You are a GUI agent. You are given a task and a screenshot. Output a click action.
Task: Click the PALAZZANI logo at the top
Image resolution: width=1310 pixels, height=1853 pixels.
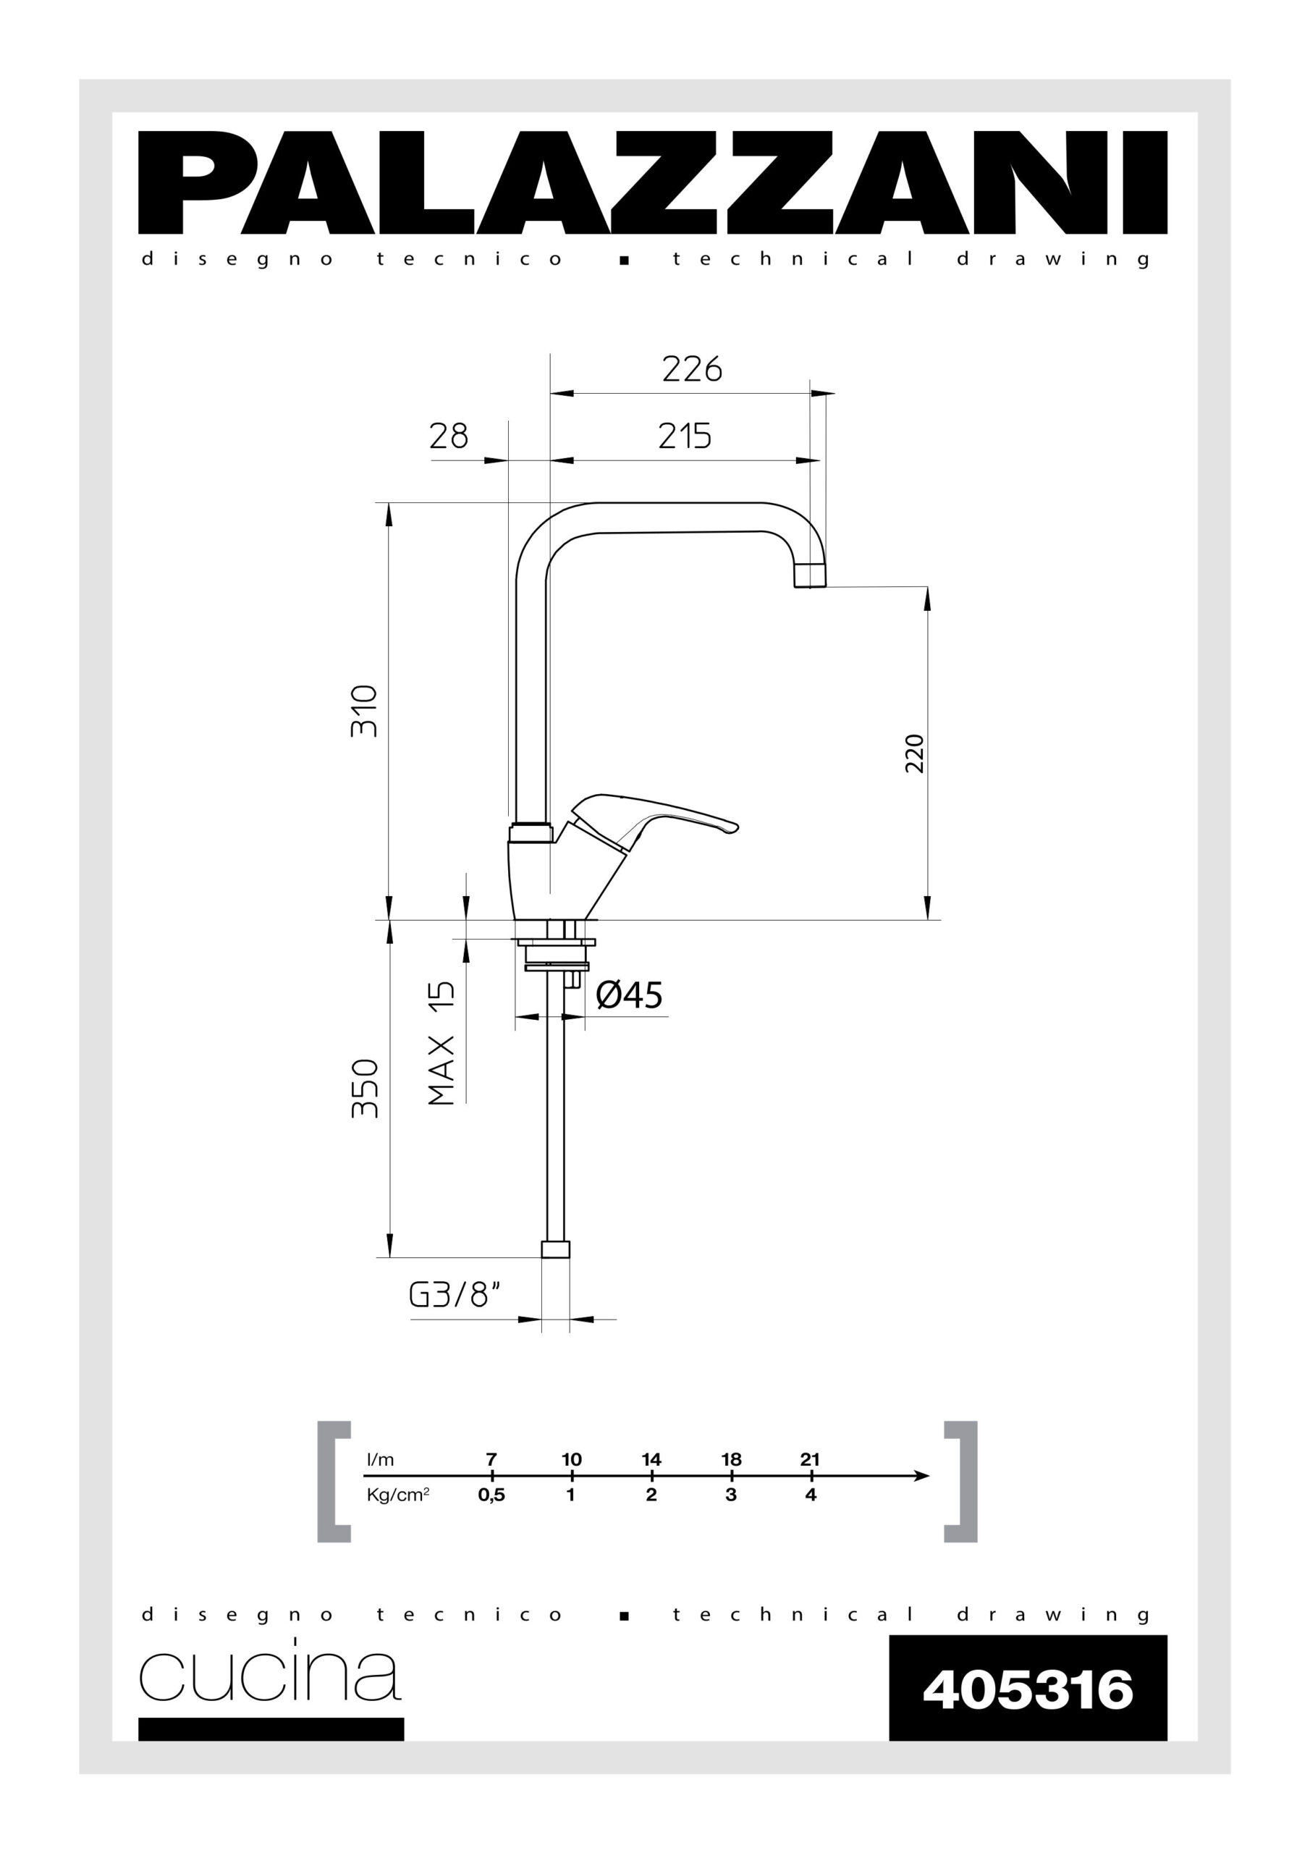pyautogui.click(x=652, y=182)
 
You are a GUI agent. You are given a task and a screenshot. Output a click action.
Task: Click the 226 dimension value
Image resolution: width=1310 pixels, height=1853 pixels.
pyautogui.click(x=692, y=370)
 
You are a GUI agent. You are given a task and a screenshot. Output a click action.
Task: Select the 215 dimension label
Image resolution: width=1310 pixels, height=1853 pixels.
pyautogui.click(x=685, y=436)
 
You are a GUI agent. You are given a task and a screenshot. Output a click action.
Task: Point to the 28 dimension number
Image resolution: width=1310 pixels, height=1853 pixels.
pyautogui.click(x=449, y=436)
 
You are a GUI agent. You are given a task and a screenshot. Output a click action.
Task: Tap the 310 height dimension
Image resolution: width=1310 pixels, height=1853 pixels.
pyautogui.click(x=364, y=710)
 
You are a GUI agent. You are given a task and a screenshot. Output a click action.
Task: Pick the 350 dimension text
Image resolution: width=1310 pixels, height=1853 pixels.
pyautogui.click(x=365, y=1088)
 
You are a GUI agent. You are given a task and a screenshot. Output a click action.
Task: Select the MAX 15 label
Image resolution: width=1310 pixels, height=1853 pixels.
pyautogui.click(x=441, y=1043)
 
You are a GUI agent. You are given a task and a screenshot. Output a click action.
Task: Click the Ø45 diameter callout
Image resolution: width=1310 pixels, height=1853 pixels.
pyautogui.click(x=629, y=995)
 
